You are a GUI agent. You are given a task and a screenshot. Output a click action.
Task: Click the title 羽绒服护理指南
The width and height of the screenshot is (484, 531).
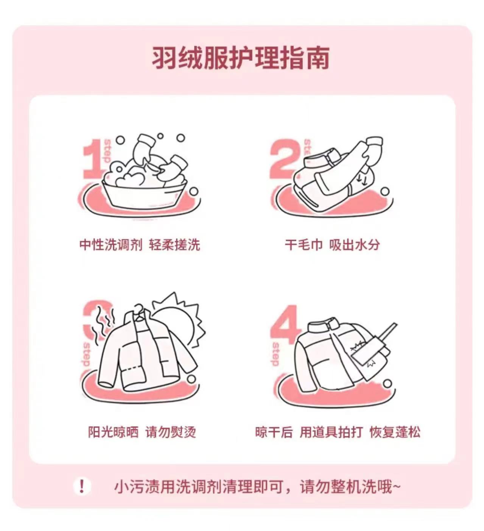click(240, 58)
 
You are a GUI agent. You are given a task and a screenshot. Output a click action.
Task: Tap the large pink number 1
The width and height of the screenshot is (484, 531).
click(93, 159)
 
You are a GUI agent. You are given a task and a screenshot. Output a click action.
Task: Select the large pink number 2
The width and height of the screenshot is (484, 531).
click(284, 158)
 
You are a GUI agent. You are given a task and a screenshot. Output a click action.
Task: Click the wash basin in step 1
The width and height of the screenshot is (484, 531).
click(145, 195)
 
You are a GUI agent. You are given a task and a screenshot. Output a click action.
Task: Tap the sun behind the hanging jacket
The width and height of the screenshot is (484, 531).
click(177, 318)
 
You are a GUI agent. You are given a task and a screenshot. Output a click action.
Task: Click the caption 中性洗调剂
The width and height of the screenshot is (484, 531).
click(111, 245)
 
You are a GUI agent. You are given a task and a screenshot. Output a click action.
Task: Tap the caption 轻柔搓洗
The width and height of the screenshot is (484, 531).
click(174, 245)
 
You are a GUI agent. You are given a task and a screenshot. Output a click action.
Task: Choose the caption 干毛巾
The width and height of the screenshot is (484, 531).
click(304, 245)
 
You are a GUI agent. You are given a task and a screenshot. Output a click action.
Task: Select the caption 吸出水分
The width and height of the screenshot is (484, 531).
click(355, 245)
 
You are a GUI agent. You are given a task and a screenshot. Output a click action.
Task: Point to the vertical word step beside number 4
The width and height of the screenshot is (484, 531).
click(275, 354)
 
